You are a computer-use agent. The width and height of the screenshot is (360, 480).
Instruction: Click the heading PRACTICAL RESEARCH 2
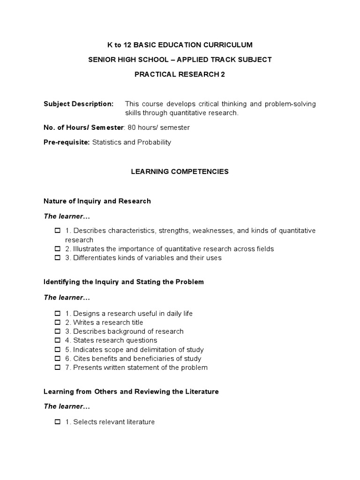point(180,74)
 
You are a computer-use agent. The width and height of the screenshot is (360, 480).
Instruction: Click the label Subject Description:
point(78,104)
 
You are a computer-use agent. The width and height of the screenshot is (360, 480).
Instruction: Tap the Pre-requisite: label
point(67,142)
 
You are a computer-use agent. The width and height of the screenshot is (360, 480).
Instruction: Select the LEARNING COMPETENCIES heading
point(180,172)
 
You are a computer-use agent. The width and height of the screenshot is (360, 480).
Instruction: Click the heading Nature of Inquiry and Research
point(97,201)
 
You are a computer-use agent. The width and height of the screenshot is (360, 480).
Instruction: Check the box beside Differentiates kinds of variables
point(58,258)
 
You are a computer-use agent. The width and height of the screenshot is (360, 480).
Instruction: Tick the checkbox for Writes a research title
point(58,322)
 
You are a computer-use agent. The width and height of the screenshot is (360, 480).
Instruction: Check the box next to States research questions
point(58,340)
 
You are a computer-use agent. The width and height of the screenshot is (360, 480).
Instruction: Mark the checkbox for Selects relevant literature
point(58,422)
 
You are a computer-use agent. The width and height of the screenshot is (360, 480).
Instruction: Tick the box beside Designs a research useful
point(58,314)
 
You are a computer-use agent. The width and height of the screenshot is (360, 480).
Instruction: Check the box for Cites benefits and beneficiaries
point(58,359)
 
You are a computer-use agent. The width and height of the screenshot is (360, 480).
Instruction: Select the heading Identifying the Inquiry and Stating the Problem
point(124,282)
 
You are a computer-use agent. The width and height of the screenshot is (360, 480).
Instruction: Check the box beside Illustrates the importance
point(58,249)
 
